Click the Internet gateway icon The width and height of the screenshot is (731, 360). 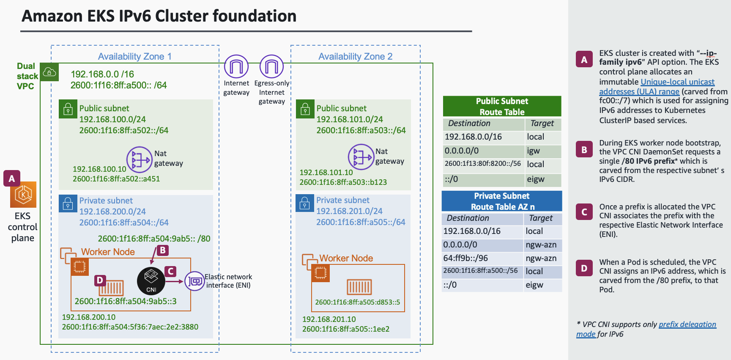click(236, 67)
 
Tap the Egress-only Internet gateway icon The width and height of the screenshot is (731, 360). click(271, 67)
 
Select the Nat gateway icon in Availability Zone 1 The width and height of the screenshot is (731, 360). click(140, 159)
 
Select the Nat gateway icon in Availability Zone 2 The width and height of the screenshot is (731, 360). click(361, 157)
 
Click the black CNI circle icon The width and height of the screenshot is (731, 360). click(151, 281)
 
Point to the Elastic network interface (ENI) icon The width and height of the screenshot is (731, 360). click(195, 281)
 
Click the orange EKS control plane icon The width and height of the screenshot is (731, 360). click(23, 195)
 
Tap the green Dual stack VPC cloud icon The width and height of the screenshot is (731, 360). click(49, 72)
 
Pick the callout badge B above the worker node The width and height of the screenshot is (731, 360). click(162, 250)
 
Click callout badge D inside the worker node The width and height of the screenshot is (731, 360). click(100, 280)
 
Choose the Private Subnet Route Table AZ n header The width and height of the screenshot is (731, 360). click(502, 201)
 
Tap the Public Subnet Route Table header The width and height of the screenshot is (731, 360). click(502, 106)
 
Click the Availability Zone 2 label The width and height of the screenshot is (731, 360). click(355, 56)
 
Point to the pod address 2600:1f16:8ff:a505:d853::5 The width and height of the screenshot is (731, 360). click(357, 302)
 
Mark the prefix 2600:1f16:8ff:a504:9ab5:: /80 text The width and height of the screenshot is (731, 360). click(154, 239)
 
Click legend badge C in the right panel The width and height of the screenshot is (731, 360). click(584, 212)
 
